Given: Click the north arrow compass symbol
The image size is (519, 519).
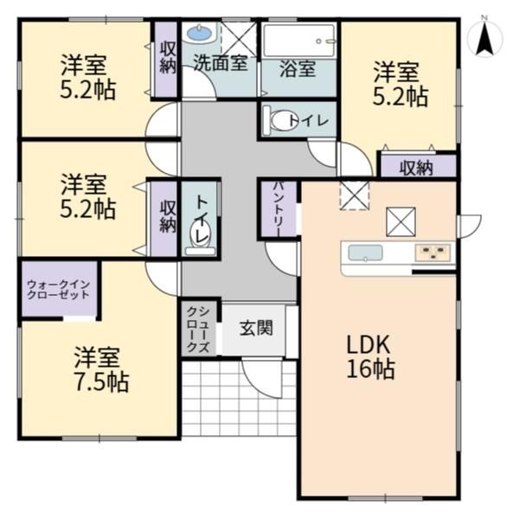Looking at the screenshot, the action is click(485, 36).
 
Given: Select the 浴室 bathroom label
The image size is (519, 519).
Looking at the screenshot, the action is click(298, 68).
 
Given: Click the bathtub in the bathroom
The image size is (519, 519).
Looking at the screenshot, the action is click(299, 41).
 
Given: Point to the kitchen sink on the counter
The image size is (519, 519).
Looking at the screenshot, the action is click(365, 253).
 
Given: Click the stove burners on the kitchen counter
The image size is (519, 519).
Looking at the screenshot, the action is click(432, 253).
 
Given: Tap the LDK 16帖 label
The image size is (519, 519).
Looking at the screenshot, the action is click(370, 356).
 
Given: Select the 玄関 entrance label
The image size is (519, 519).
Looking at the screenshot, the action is click(256, 328).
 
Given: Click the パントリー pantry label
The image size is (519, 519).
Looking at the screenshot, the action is click(279, 208).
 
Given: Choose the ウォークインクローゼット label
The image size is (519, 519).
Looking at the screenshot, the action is click(58, 289).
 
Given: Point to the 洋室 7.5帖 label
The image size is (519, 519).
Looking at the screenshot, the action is click(101, 369).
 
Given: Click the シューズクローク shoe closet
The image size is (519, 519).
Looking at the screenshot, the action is click(198, 329).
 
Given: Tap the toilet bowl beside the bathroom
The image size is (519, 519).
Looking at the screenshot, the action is click(280, 120).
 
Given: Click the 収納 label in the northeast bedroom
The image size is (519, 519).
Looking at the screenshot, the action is click(416, 168).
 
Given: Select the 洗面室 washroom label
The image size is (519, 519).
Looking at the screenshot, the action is click(221, 62).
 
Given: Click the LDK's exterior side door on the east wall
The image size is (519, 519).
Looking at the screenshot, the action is click(469, 226).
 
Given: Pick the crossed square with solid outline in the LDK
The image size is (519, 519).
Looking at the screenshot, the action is click(400, 221).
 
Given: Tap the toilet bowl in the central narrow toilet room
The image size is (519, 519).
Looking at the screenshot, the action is click(201, 234).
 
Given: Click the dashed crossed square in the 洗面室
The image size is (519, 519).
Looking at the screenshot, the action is click(239, 40).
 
